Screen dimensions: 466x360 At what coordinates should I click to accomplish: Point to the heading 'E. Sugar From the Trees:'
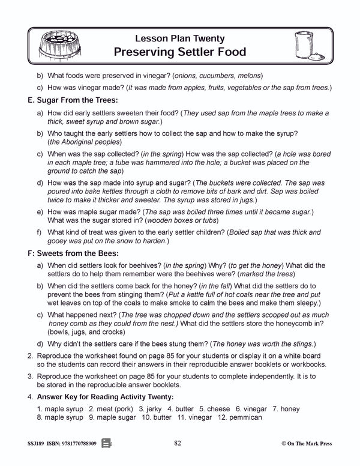pyautogui.click(x=70, y=101)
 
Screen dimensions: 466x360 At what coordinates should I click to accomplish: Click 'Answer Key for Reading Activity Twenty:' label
pyautogui.click(x=106, y=397)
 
